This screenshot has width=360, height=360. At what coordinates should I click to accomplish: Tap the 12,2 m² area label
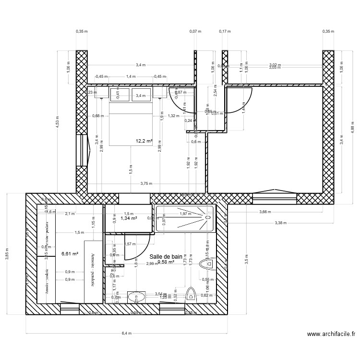point(144,141)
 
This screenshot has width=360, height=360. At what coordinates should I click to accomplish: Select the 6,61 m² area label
point(70,254)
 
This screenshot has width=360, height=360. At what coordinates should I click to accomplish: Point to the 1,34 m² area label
point(129,218)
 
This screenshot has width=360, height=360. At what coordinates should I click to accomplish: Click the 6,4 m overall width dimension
point(126,333)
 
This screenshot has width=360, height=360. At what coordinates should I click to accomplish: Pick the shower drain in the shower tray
point(208,217)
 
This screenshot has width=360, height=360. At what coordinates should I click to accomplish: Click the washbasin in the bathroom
point(136,298)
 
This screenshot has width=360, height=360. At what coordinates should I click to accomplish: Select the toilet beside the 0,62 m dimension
point(191,295)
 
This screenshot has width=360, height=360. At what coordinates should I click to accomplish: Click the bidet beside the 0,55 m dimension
point(209,264)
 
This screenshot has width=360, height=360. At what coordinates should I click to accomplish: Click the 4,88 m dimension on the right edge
point(352,129)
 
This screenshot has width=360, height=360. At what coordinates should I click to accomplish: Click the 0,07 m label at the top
point(195,31)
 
